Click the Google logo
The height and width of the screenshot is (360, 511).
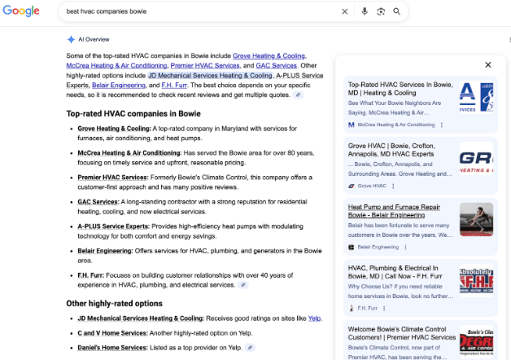point(22,11)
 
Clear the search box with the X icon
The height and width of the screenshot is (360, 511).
point(344,12)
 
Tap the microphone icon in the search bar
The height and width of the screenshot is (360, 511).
point(364,12)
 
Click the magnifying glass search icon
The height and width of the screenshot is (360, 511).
point(396,12)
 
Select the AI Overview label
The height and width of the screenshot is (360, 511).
point(94,38)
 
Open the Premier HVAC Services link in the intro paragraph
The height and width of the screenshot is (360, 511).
point(205,65)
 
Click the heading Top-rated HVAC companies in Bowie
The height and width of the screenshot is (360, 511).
point(133,114)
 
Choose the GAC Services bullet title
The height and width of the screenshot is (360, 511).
point(98,201)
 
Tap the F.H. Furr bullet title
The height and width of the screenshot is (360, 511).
point(91,274)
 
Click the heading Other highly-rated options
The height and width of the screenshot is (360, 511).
point(114,304)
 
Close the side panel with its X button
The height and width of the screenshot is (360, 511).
point(487,64)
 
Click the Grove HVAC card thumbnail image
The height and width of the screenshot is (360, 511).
point(476,159)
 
